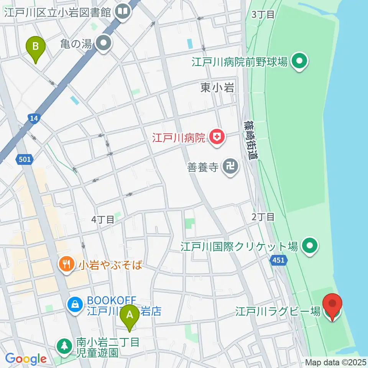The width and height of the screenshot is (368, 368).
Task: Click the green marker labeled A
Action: click(x=130, y=317)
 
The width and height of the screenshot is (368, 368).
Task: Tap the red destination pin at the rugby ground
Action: click(x=332, y=305)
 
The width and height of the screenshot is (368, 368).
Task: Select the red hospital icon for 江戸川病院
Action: click(x=217, y=137)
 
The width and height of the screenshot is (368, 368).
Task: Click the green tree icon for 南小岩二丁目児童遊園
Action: click(x=64, y=346)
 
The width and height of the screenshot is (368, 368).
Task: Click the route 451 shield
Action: click(x=278, y=260)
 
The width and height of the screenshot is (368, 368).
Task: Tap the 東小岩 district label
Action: click(x=217, y=88)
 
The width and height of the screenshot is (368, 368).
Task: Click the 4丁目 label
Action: click(x=103, y=220)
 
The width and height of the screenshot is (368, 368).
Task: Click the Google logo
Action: click(x=26, y=359)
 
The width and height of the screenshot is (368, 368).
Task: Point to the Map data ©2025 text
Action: click(x=336, y=362)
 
